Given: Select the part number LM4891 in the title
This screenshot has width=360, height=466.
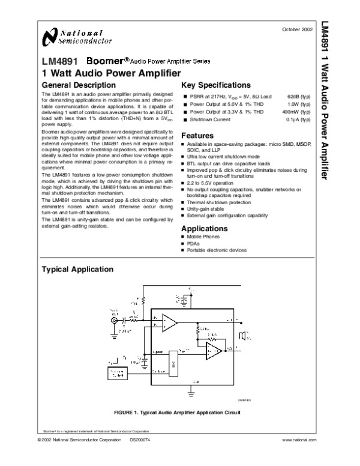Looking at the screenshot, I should coord(59,62).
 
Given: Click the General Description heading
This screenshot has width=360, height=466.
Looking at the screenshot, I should coord(78,85).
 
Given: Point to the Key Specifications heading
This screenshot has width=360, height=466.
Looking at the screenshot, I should coord(216,85).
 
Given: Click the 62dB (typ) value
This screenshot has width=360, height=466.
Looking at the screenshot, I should coord(299,96).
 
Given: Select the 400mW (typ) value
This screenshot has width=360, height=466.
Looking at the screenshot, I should coord(296,112).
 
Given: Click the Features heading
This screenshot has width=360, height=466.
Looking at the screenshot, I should coord(197,136).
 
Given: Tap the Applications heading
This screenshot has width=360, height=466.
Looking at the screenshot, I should coord(204,229).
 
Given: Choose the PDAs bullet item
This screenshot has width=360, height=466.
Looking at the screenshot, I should coord(194,244).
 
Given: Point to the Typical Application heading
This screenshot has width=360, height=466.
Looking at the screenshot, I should coord(77,270).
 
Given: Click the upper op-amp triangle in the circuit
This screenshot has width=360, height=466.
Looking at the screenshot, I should coord(169,324).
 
